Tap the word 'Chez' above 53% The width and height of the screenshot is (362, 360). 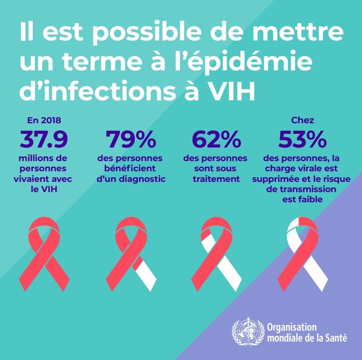302,121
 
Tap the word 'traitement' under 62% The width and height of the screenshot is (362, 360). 216,179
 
